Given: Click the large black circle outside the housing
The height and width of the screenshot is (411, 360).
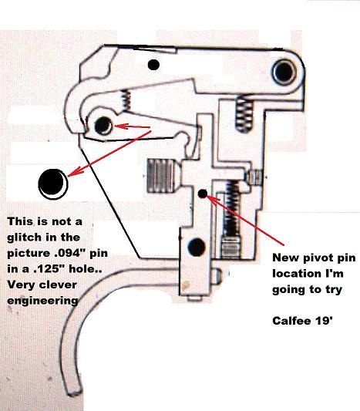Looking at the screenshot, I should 52,182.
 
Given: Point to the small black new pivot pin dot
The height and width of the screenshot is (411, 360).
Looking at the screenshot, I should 202,194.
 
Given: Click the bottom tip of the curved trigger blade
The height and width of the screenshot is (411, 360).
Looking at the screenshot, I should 76,384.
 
